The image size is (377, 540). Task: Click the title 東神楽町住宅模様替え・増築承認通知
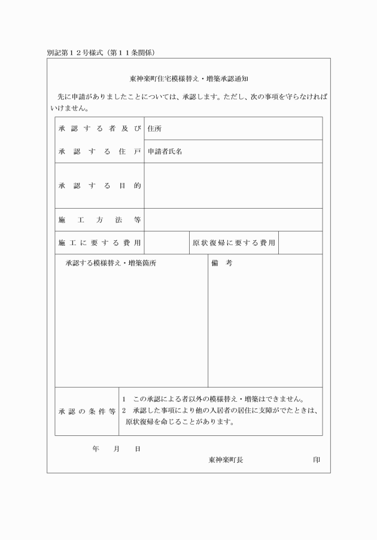tap(188, 78)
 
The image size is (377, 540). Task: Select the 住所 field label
tap(154, 129)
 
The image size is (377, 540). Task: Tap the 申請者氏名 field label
tap(165, 152)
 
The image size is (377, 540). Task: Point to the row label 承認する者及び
tap(99, 129)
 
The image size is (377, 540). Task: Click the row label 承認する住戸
tap(99, 152)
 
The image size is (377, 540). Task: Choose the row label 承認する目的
tap(99, 186)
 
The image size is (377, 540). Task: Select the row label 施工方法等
tap(99, 220)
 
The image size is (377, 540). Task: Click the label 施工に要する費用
tap(99, 243)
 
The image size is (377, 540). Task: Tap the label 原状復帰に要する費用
tap(233, 243)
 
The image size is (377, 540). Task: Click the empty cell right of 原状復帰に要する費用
tap(300, 243)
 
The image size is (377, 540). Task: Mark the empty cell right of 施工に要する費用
tap(167, 243)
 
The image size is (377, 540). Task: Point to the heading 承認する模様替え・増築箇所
tap(111, 263)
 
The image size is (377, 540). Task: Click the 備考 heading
tap(221, 263)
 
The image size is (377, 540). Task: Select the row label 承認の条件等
tap(87, 412)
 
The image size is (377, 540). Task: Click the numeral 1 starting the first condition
tap(124, 399)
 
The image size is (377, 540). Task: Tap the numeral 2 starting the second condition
tap(124, 411)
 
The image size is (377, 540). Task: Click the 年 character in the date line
tap(96, 449)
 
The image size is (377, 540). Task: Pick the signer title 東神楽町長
tap(226, 460)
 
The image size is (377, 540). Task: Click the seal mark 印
tap(316, 460)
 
